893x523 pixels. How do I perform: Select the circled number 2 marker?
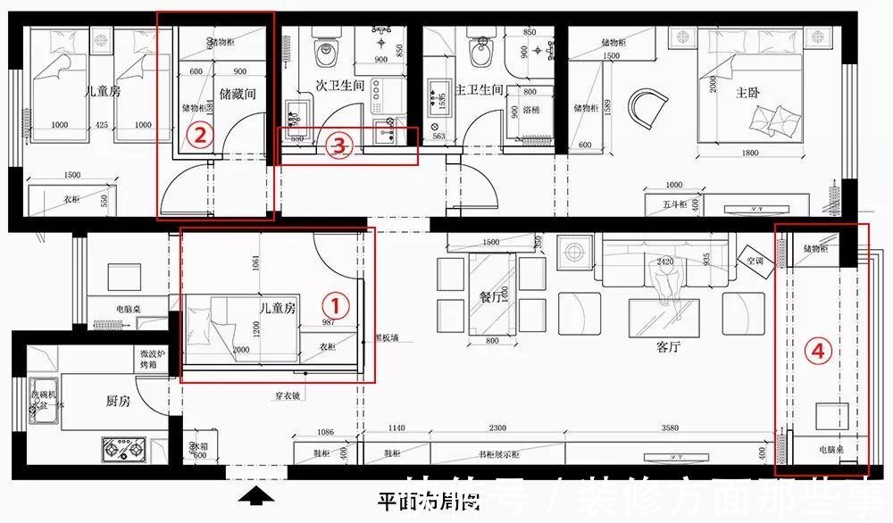(200, 135)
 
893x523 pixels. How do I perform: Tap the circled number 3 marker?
(337, 145)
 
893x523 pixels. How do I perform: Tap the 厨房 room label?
(118, 402)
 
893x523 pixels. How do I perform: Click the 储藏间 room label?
(237, 92)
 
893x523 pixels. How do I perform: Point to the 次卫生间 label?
(340, 87)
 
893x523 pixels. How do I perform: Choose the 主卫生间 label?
(480, 89)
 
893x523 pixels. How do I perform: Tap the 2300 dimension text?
(497, 428)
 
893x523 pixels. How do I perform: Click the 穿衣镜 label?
(288, 394)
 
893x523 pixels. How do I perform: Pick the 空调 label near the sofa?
(755, 261)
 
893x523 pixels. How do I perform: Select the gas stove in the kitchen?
(124, 450)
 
